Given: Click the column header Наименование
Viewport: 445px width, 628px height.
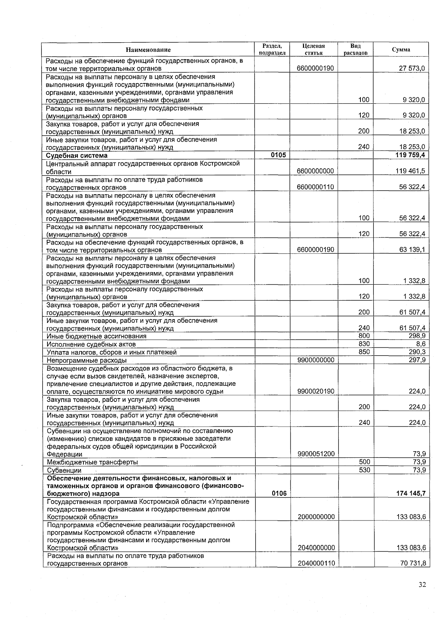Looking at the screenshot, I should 148,50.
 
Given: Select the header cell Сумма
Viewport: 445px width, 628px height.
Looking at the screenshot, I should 401,50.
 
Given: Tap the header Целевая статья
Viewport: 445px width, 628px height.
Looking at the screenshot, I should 313,49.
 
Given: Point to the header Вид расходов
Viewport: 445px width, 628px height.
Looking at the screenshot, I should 355,49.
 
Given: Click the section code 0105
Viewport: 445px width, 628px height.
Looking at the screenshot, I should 278,155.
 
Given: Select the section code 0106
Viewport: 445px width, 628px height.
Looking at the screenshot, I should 279,493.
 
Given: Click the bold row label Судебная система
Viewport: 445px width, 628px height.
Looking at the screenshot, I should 76,156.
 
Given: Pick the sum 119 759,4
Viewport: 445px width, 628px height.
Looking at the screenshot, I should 410,155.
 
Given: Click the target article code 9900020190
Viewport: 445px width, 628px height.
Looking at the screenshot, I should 316,391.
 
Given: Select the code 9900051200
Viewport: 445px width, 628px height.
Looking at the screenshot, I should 316,454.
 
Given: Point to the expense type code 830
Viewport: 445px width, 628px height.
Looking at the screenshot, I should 364,344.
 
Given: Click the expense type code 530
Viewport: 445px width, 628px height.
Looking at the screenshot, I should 364,470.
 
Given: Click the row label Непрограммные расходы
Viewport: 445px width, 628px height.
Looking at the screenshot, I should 86,360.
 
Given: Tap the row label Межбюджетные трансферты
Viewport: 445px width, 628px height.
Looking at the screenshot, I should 92,462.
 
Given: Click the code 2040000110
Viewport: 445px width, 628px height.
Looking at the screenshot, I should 316,563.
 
